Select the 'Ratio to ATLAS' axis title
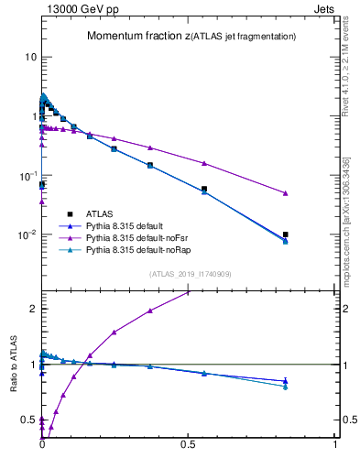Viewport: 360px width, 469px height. (14, 364)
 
